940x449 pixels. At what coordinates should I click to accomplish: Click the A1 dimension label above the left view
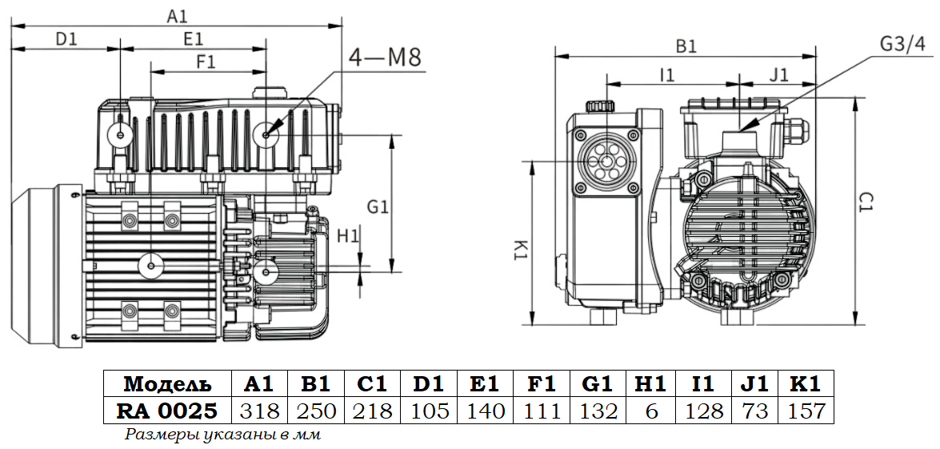pyautogui.click(x=177, y=14)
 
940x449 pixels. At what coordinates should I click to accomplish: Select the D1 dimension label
pyautogui.click(x=66, y=38)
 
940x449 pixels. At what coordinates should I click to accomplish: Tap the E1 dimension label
pyautogui.click(x=193, y=38)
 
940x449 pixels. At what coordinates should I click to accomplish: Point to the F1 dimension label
pyautogui.click(x=206, y=61)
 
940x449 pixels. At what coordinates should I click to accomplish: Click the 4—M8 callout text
pyautogui.click(x=385, y=58)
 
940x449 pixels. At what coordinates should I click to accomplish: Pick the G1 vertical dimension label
pyautogui.click(x=378, y=206)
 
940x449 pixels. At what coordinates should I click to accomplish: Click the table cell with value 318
pyautogui.click(x=260, y=411)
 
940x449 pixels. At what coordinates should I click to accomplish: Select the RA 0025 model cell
pyautogui.click(x=167, y=411)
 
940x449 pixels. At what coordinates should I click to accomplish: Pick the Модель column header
pyautogui.click(x=167, y=383)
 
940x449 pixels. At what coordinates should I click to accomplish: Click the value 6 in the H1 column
pyautogui.click(x=651, y=411)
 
